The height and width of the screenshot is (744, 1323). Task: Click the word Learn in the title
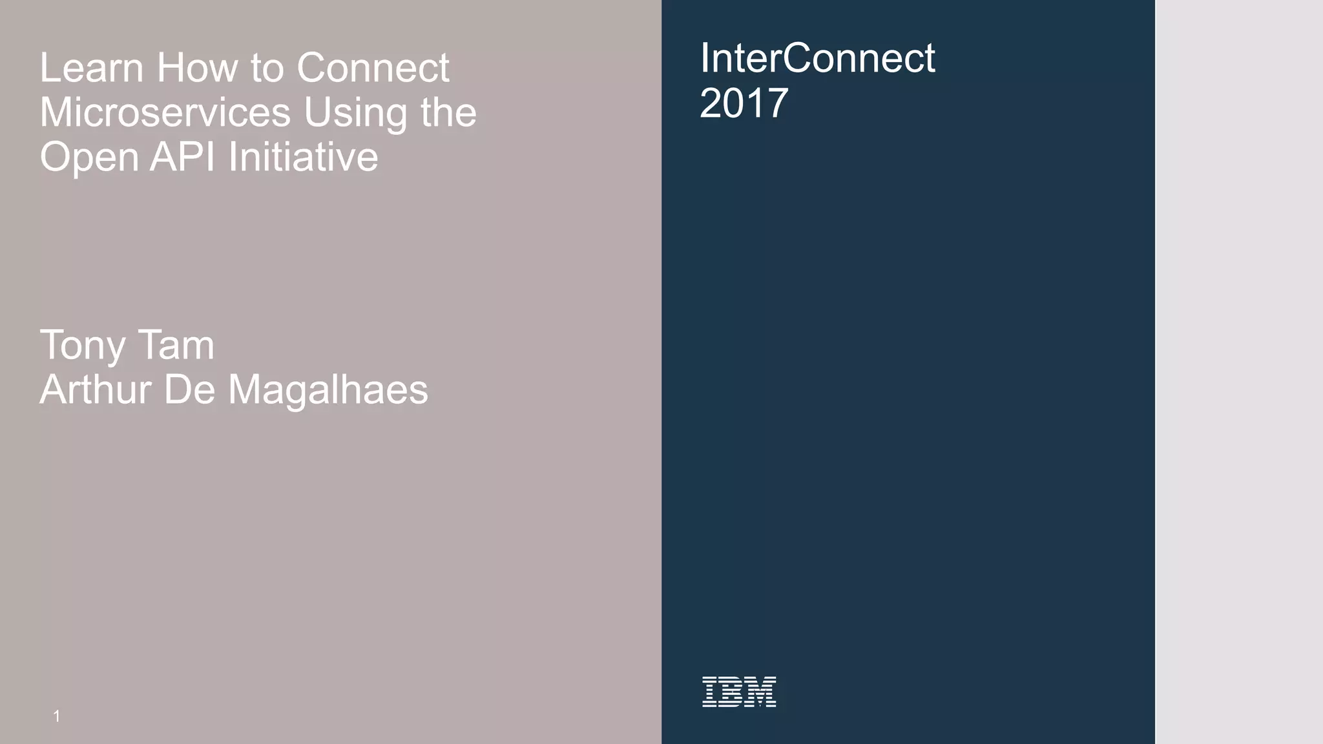(x=91, y=68)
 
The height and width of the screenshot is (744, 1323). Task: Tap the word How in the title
(x=198, y=68)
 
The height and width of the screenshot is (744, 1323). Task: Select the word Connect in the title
(x=373, y=68)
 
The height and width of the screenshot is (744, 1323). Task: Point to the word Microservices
(x=165, y=112)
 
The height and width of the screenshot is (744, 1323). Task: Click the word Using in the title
(x=356, y=112)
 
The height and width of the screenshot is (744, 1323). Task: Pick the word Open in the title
(x=89, y=158)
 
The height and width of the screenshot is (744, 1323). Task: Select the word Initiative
(x=303, y=157)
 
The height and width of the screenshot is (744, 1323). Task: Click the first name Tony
(x=82, y=346)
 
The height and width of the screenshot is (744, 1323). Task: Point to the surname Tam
(x=176, y=345)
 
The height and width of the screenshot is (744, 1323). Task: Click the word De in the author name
(x=189, y=390)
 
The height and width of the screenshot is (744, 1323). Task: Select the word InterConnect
(x=817, y=58)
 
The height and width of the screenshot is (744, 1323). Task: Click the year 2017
(x=744, y=103)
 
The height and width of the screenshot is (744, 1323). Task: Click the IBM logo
(x=739, y=692)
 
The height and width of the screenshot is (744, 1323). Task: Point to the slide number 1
(x=57, y=716)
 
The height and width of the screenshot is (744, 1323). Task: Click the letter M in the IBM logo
(x=762, y=692)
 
